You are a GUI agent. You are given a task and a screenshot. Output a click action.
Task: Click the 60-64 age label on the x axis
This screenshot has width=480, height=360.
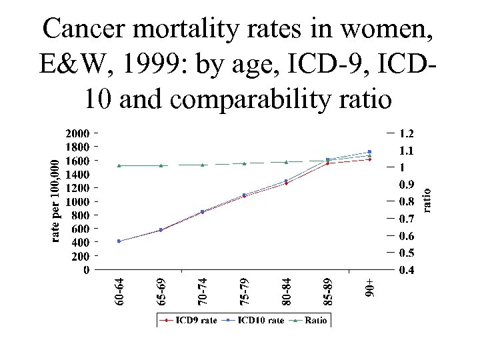(x=119, y=292)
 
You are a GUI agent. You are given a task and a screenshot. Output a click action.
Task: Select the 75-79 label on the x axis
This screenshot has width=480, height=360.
(x=244, y=292)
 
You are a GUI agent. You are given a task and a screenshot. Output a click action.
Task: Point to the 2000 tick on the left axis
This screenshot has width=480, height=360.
(x=79, y=133)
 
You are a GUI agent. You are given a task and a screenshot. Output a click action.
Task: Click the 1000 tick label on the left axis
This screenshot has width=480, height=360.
(x=79, y=201)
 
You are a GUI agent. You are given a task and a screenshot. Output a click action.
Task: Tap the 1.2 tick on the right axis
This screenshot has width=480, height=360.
(x=408, y=133)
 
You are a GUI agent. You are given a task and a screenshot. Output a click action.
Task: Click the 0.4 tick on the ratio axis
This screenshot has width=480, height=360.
(x=408, y=270)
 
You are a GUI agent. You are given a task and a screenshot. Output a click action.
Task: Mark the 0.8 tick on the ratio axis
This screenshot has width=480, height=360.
(x=408, y=201)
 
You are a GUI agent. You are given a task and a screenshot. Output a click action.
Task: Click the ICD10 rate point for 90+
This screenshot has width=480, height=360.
(x=369, y=151)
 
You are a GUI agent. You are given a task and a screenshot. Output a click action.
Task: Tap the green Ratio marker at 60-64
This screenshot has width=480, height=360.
(x=119, y=165)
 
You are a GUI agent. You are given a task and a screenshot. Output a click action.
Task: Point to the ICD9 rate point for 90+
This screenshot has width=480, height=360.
(x=369, y=159)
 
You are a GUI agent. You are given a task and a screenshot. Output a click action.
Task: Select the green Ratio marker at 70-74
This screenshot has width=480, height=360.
(x=202, y=165)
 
